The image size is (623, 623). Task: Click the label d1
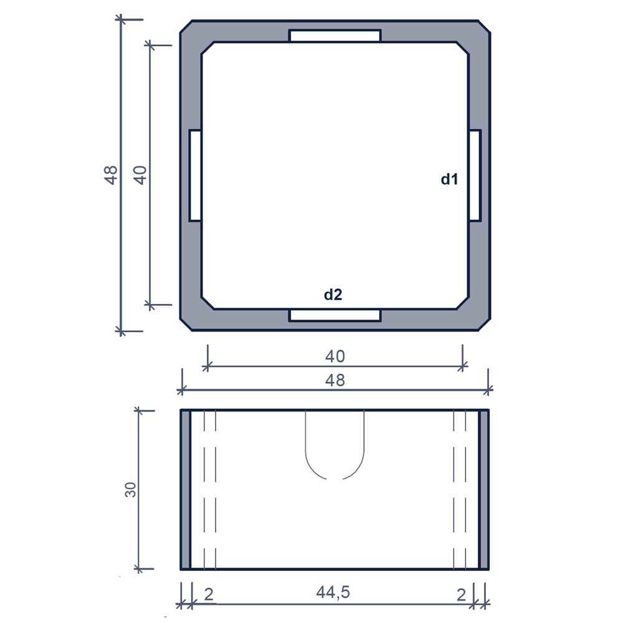(449, 179)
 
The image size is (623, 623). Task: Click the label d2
(333, 295)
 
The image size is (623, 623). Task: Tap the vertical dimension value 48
(112, 175)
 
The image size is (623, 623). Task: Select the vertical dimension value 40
(140, 175)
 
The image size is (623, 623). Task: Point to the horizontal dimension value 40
(335, 356)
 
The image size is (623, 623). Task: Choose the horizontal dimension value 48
(335, 380)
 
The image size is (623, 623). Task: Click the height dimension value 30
(130, 490)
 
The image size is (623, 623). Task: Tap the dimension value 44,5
(333, 592)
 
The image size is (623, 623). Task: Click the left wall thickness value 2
(209, 594)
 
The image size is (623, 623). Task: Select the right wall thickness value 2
(461, 595)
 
